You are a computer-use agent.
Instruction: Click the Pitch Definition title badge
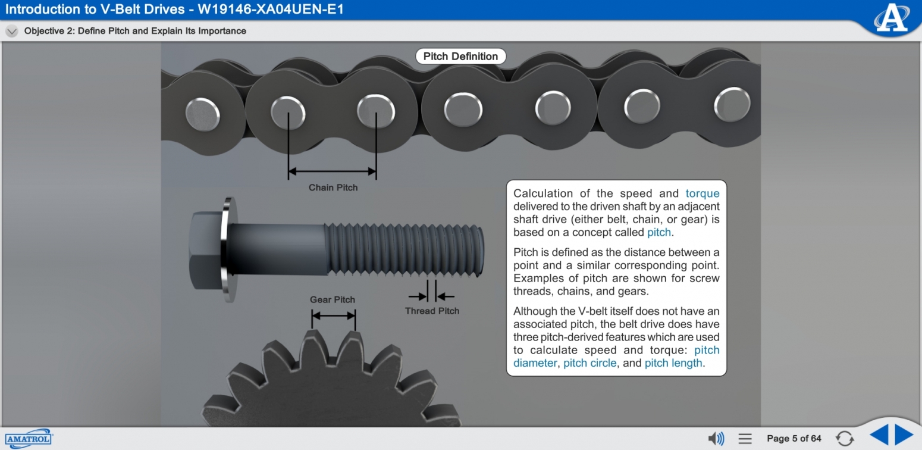pyautogui.click(x=460, y=57)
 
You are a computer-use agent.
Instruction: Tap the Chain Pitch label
pyautogui.click(x=333, y=187)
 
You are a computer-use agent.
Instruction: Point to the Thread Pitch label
pyautogui.click(x=432, y=311)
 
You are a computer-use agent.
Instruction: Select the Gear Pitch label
pyautogui.click(x=332, y=300)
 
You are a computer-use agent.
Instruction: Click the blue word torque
pyautogui.click(x=702, y=193)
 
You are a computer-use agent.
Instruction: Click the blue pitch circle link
pyautogui.click(x=590, y=363)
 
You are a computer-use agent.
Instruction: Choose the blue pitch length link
pyautogui.click(x=673, y=363)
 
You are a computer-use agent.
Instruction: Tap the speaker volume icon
pyautogui.click(x=716, y=439)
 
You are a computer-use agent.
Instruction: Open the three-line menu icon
pyautogui.click(x=745, y=439)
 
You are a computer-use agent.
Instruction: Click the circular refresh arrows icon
pyautogui.click(x=845, y=439)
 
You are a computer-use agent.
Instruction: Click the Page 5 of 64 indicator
pyautogui.click(x=794, y=439)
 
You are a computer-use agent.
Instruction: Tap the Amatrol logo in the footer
pyautogui.click(x=29, y=439)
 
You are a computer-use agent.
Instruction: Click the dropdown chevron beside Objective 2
pyautogui.click(x=12, y=32)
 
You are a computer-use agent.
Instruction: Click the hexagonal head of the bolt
pyautogui.click(x=206, y=250)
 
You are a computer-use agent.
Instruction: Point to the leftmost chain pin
pyautogui.click(x=202, y=115)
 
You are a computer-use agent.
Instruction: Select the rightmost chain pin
pyautogui.click(x=732, y=105)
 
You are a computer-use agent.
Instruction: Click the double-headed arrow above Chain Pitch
pyautogui.click(x=332, y=171)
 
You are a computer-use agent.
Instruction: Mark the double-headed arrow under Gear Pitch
pyautogui.click(x=333, y=316)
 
